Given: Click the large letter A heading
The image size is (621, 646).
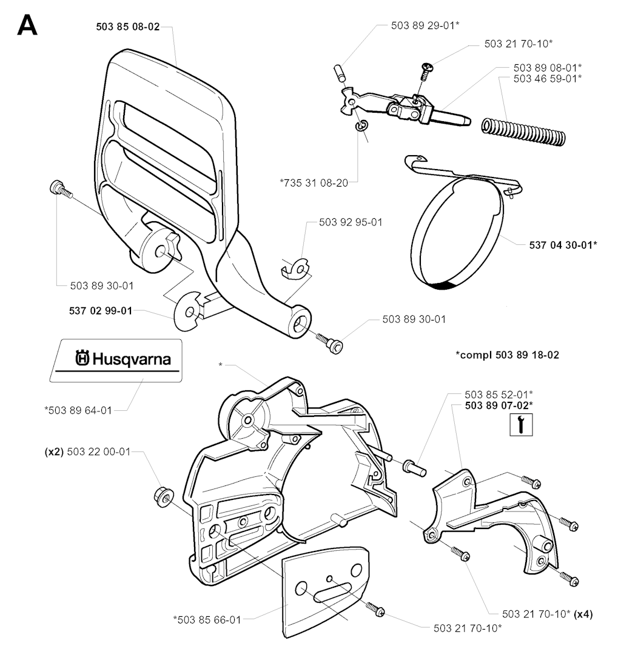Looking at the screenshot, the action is tap(27, 25).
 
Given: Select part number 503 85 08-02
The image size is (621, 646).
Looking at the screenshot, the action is tap(128, 27).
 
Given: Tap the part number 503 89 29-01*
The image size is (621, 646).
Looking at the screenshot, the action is tap(425, 25).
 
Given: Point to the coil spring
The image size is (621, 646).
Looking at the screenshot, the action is tap(524, 132).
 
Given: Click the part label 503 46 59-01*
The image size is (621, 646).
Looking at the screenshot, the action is tap(548, 78).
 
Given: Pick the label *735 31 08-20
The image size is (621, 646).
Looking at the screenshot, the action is tap(314, 183).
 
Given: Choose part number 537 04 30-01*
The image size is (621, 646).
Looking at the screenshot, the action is tap(563, 245).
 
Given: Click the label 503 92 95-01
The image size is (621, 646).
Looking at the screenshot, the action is tap(351, 222).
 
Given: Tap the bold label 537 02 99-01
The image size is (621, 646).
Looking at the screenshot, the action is tap(101, 311).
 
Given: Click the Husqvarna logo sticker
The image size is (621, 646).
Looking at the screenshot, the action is tap(116, 361).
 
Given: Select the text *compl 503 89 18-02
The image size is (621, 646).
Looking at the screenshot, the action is tap(507, 355).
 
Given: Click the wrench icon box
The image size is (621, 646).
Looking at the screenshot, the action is tap(521, 425).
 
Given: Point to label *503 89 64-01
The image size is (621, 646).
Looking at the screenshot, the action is tap(78, 410).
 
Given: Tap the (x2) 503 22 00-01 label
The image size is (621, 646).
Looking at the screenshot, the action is tap(87, 452).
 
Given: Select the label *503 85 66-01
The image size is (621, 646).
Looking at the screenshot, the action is tap(207, 619).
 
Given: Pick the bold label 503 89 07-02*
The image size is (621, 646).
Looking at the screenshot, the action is tap(499, 405).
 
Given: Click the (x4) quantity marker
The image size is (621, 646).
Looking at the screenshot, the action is tap(583, 614).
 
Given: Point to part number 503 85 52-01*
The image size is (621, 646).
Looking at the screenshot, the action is tap(499, 395).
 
